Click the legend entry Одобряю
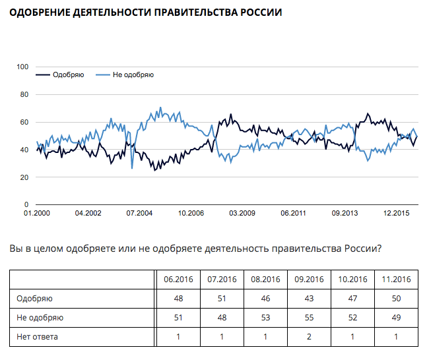tap(69, 75)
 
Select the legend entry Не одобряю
tap(133, 75)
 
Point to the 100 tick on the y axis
tap(22, 67)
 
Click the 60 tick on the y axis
tap(24, 122)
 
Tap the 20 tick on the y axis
tap(24, 177)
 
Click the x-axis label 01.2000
tap(36, 213)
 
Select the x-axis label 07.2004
tap(139, 213)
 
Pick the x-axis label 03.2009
tap(242, 213)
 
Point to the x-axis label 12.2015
tap(397, 213)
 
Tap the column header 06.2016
tap(178, 279)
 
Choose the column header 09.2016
tap(309, 279)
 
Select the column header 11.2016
tap(396, 279)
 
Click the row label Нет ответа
tap(38, 338)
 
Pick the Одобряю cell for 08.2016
tap(265, 299)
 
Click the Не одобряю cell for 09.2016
tap(309, 318)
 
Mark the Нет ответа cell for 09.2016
tap(309, 338)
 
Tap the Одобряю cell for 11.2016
tap(396, 299)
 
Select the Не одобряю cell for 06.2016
tap(178, 318)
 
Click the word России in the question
tap(361, 249)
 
